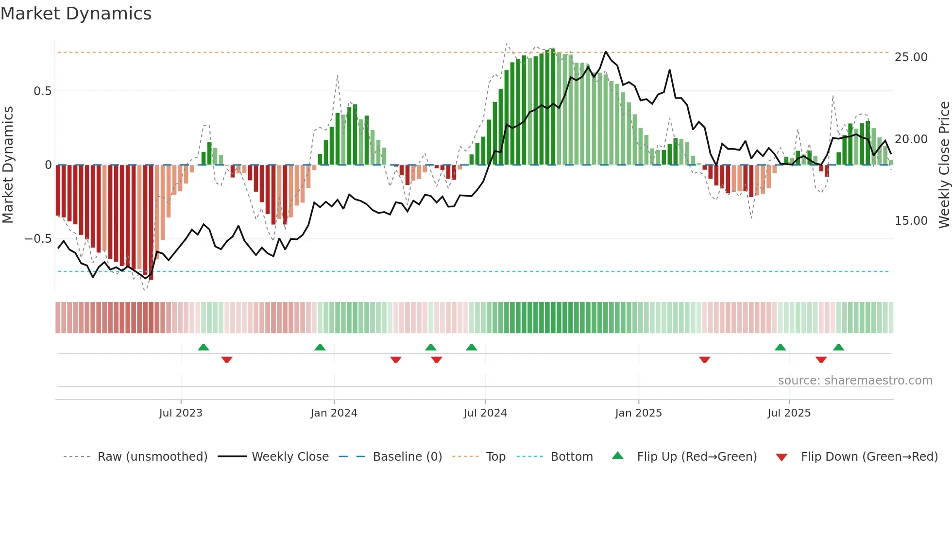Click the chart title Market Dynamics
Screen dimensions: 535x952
(x=76, y=14)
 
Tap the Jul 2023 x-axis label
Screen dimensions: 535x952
(x=181, y=413)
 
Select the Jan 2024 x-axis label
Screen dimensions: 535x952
(x=334, y=413)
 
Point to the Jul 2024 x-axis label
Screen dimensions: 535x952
(x=485, y=413)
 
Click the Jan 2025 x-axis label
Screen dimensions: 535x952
(x=638, y=413)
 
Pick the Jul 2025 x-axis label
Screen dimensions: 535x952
(x=789, y=413)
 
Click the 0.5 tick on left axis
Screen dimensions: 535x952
(x=42, y=91)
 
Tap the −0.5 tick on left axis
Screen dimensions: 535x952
(x=38, y=239)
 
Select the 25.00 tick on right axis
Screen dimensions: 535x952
(x=911, y=57)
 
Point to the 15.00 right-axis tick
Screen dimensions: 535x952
(x=911, y=221)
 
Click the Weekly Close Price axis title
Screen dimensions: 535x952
(x=944, y=165)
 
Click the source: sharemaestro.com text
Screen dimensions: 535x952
(x=855, y=381)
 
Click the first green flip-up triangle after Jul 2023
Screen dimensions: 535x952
(x=204, y=347)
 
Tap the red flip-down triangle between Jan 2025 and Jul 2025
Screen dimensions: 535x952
(x=705, y=360)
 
